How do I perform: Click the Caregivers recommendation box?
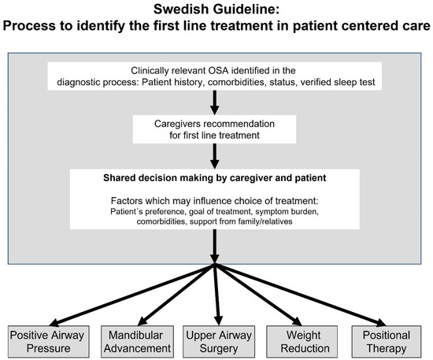(x=216, y=129)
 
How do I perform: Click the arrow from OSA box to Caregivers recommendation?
(x=216, y=99)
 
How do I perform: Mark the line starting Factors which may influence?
(x=216, y=199)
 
